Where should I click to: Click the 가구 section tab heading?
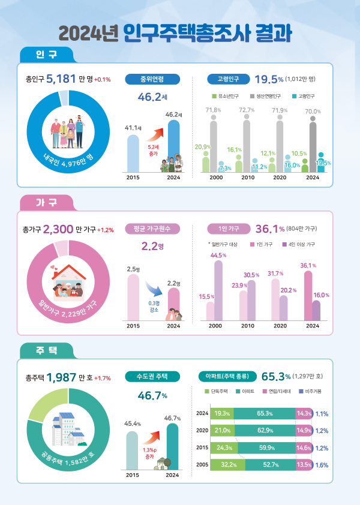46,203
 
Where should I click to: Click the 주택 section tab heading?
46,350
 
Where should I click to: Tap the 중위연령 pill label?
152,79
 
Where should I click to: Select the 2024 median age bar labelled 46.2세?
173,146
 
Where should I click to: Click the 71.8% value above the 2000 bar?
214,110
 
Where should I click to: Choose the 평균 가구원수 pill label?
152,229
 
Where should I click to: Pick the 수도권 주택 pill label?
152,377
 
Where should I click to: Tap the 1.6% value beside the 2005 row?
322,464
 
